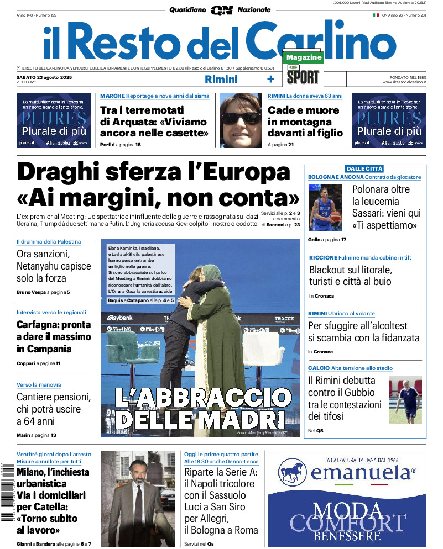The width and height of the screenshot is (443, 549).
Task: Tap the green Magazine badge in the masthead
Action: (x=304, y=57)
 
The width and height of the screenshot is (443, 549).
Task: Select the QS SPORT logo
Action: (x=303, y=75)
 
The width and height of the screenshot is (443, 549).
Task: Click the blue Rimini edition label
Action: (x=221, y=79)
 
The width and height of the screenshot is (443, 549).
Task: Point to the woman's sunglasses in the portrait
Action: (x=241, y=118)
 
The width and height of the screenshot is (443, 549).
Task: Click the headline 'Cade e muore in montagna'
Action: (x=305, y=122)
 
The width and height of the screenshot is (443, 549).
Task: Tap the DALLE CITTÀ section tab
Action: (x=364, y=168)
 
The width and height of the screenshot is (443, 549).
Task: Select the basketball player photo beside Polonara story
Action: (x=326, y=207)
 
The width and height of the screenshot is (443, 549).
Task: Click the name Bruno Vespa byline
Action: (x=31, y=292)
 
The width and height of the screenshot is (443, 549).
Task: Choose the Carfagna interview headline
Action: (x=53, y=337)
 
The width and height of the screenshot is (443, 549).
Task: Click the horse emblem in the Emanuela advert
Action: (x=293, y=472)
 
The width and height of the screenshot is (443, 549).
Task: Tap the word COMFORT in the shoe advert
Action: (x=348, y=522)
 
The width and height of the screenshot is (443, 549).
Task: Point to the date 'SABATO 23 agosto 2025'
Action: (x=45, y=77)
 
